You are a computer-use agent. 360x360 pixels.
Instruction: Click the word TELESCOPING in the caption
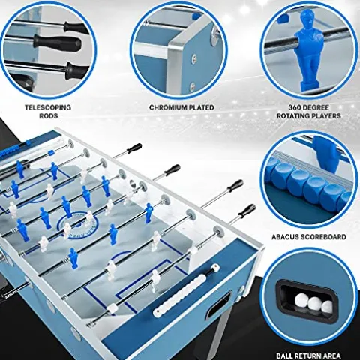coord(48,107)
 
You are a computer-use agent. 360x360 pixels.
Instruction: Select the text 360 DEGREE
coord(310,107)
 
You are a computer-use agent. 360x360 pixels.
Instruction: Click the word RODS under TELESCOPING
coord(48,116)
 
